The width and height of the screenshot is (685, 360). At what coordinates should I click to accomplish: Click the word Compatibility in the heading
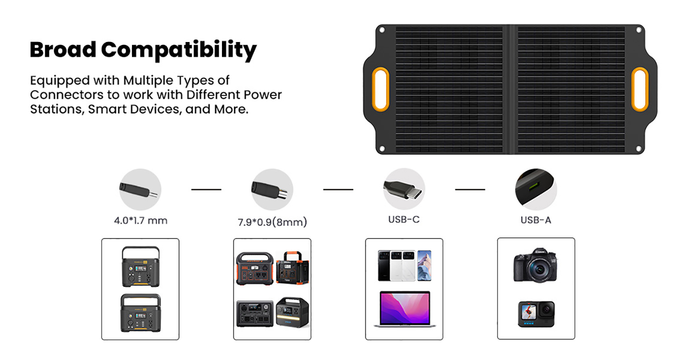(179, 50)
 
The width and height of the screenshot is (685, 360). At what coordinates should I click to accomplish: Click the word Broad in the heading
(63, 49)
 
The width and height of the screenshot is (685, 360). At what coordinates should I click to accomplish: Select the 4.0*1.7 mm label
(141, 221)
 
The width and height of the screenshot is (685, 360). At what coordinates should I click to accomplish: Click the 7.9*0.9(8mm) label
(272, 222)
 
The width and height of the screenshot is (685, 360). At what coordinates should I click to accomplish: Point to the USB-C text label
(404, 220)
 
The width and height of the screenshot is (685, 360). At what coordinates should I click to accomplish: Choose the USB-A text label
(536, 220)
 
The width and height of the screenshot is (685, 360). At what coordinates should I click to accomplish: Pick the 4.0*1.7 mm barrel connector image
(138, 190)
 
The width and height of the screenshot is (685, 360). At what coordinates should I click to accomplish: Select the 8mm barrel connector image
(269, 190)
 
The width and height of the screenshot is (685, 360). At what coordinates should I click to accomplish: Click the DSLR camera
(536, 265)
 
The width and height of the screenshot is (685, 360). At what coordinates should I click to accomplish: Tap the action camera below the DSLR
(536, 314)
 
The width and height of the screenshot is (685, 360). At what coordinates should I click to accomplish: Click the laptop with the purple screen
(405, 309)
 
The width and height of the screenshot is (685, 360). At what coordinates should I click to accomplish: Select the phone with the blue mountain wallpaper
(424, 265)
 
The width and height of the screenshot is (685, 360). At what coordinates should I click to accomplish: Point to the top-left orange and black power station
(254, 269)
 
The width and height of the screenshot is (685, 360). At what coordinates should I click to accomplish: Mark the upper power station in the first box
(141, 267)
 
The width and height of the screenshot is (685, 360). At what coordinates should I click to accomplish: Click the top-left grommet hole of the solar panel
(382, 30)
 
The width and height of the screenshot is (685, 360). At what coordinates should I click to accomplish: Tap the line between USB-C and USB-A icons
(470, 190)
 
